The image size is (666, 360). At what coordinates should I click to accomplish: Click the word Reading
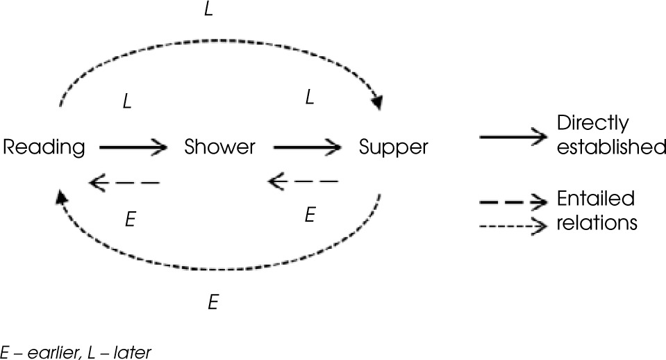44,147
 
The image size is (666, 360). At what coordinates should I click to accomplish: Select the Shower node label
219,147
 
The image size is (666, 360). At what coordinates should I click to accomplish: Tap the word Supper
394,147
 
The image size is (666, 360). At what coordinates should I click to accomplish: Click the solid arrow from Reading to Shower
133,147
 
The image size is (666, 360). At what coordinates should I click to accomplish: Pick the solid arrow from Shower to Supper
308,147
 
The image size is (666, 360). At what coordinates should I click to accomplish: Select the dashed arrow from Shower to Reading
125,183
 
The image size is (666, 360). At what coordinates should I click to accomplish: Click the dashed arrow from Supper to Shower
303,183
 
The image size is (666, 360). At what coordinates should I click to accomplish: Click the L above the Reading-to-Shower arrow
126,101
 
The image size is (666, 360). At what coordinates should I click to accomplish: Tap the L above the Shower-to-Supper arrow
310,98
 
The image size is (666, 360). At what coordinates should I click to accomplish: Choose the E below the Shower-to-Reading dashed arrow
129,218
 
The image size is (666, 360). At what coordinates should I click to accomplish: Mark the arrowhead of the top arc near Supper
378,104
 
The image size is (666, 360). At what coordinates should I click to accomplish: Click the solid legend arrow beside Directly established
514,137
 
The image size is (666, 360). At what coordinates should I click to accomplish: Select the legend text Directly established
610,136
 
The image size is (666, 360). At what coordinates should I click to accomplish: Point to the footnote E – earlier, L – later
76,352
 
